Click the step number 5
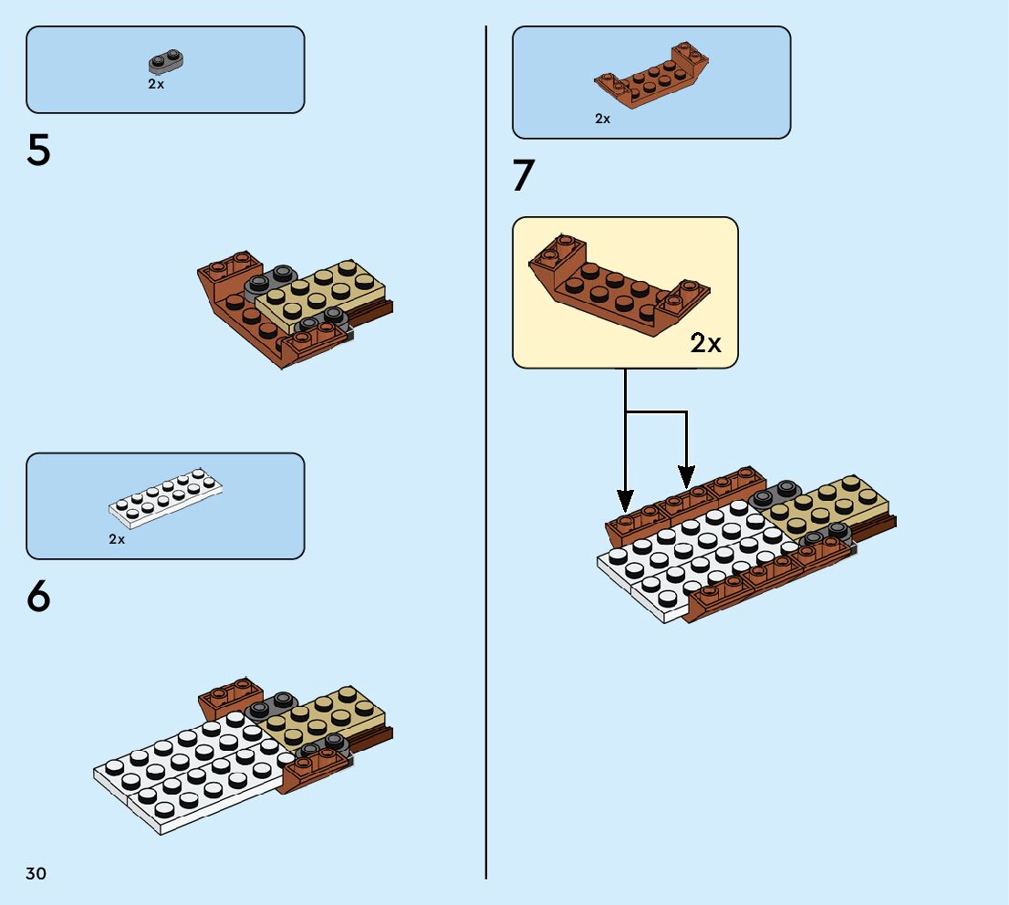(x=38, y=151)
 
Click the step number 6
(x=38, y=597)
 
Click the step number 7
(x=523, y=176)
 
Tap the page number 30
(x=36, y=874)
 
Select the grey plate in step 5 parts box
(x=167, y=63)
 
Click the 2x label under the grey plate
(x=156, y=84)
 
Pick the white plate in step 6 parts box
(x=166, y=500)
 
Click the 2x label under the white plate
(x=117, y=539)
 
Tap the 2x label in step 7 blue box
(x=602, y=119)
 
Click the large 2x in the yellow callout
(x=705, y=343)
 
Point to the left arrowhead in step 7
(x=625, y=501)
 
